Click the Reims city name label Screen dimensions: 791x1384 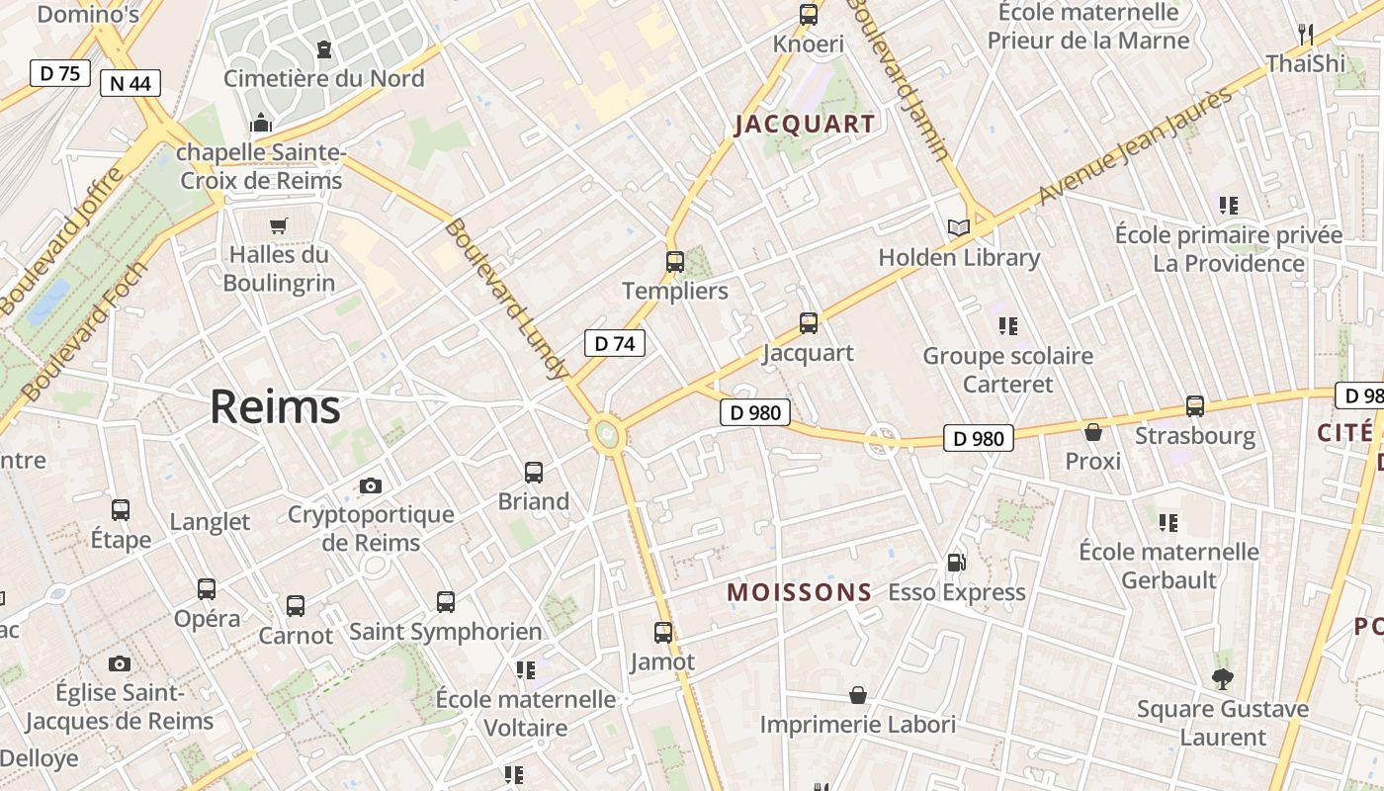click(275, 406)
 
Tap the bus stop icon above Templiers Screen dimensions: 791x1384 click(675, 262)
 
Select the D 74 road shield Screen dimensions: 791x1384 click(614, 343)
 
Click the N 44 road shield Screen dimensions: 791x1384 click(130, 83)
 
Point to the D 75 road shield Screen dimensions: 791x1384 click(59, 73)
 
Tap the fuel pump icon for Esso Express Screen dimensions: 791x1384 click(956, 563)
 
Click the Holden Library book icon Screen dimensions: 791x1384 click(958, 227)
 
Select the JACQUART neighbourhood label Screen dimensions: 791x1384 click(805, 124)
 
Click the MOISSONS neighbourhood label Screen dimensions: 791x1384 click(800, 592)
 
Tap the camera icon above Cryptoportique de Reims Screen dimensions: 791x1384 click(371, 485)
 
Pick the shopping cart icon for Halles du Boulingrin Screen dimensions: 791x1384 click(279, 225)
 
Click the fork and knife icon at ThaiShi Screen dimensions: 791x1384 click(1306, 35)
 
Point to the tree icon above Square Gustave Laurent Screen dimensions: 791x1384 click(1223, 678)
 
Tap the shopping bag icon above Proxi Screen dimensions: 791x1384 click(1093, 432)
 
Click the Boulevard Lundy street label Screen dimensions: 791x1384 click(506, 298)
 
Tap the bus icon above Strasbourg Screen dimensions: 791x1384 click(1195, 406)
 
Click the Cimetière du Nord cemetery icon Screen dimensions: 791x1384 click(323, 48)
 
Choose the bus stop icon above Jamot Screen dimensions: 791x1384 click(663, 632)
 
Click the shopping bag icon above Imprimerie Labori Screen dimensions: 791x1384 click(858, 695)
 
